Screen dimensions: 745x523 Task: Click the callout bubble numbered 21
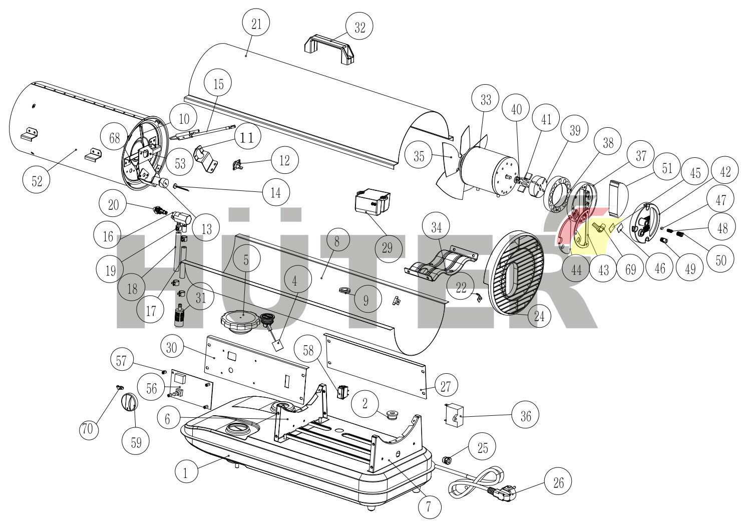coord(256,24)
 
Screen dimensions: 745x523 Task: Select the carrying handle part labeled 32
coord(329,49)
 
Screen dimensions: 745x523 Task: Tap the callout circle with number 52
coord(37,181)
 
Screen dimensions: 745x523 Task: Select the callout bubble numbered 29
coord(388,248)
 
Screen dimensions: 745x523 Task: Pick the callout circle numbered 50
coord(721,260)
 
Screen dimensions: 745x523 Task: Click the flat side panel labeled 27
coord(375,365)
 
